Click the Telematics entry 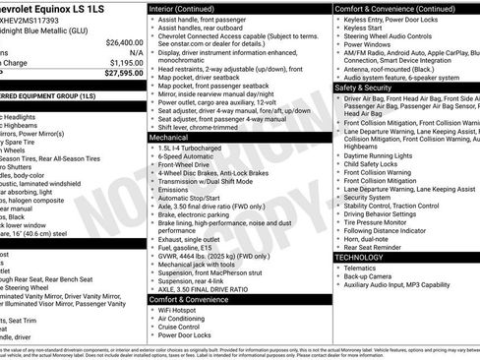click(x=362, y=267)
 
